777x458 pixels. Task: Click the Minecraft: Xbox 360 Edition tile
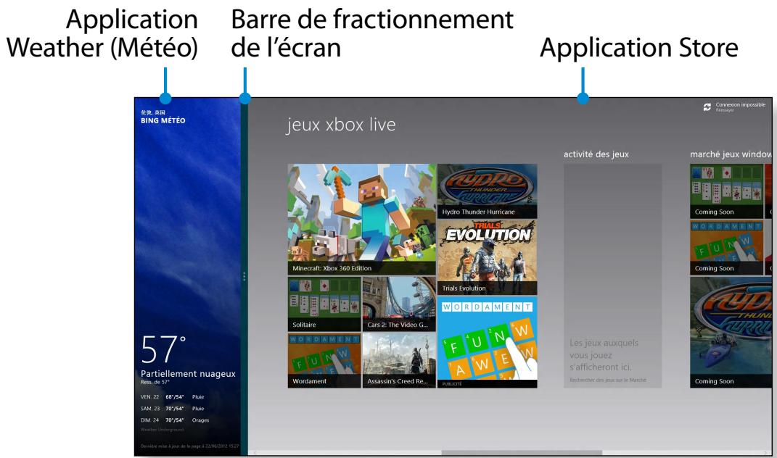point(361,220)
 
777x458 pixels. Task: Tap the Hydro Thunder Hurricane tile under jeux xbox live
point(487,191)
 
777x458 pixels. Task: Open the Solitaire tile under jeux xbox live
point(324,304)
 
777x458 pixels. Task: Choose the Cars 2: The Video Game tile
point(398,304)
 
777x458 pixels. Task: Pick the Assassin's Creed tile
point(398,360)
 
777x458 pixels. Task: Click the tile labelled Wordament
point(324,360)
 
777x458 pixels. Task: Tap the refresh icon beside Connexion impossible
point(707,107)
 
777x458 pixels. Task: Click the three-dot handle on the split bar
point(245,276)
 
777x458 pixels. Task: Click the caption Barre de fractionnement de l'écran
point(373,36)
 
